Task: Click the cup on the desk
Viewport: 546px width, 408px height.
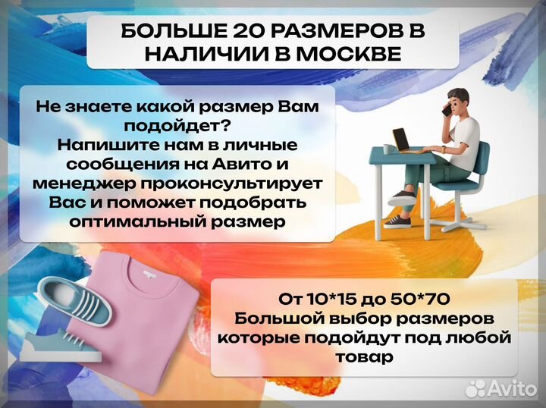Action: (x=388, y=148)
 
